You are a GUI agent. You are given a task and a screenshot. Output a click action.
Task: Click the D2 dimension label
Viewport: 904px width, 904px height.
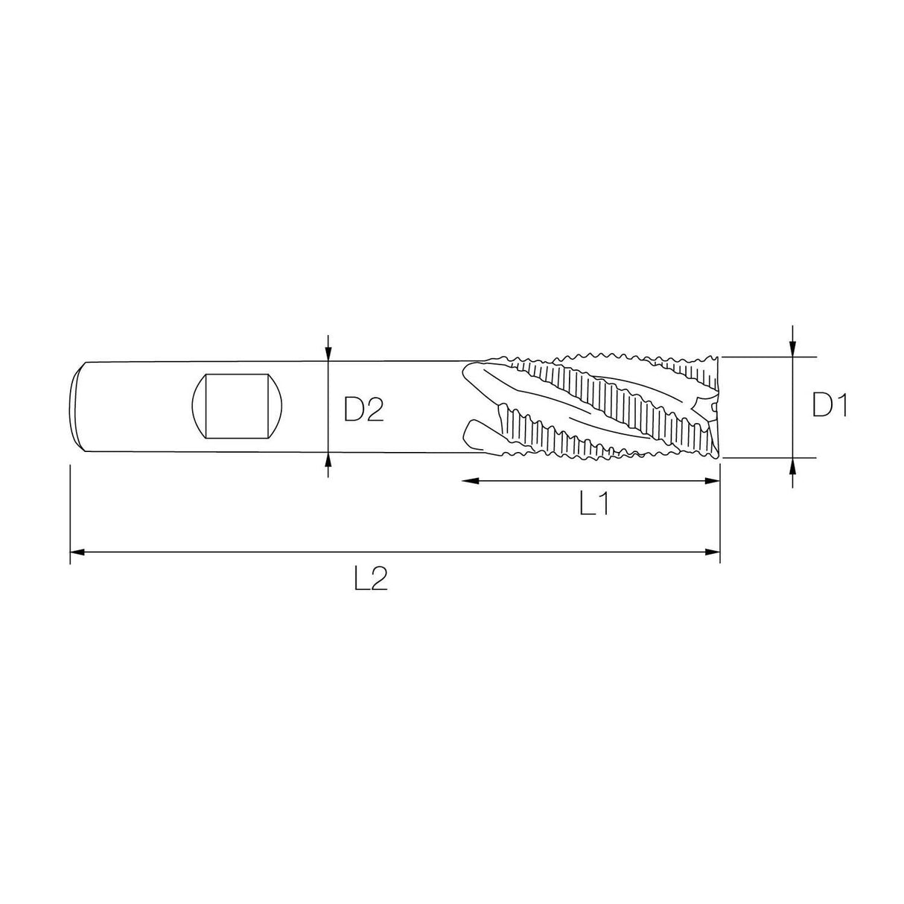click(x=363, y=409)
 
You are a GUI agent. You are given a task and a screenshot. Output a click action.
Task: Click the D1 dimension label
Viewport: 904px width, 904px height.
click(x=830, y=406)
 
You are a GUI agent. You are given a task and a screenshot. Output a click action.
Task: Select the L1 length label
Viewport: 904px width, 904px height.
click(x=595, y=506)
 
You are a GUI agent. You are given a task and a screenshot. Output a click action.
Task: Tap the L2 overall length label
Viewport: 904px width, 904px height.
click(x=371, y=579)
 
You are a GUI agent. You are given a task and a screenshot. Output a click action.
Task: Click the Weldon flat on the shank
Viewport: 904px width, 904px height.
click(x=238, y=406)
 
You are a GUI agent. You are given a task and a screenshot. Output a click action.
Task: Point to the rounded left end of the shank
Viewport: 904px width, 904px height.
click(x=77, y=406)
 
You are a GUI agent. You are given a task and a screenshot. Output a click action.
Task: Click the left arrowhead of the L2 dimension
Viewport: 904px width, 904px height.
click(x=77, y=553)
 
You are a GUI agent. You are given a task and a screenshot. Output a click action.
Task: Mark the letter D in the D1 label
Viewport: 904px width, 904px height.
click(x=822, y=406)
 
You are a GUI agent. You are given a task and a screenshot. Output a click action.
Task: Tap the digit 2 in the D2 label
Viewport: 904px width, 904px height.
click(x=374, y=409)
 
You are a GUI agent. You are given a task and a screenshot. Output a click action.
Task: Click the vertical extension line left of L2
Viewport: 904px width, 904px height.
click(x=70, y=514)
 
